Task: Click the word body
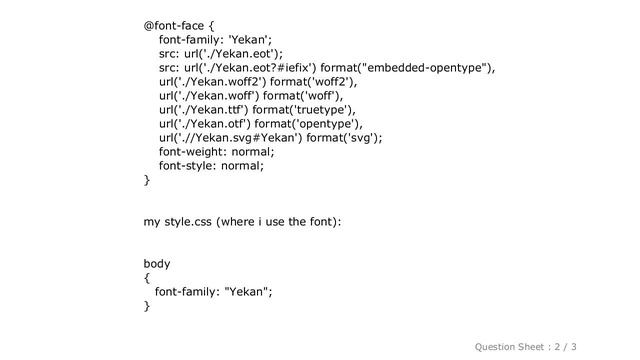[x=157, y=263]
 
